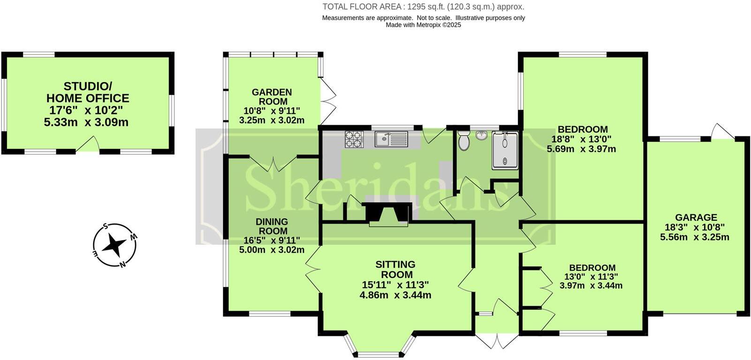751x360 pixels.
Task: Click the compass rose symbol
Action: tap(114, 245)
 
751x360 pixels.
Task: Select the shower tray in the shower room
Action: tap(505, 150)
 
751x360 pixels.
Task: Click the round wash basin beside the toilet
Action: tap(481, 136)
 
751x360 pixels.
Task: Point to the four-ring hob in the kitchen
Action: tap(354, 139)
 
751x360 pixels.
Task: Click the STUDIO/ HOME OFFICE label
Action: tap(88, 92)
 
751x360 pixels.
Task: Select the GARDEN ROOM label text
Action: tap(272, 97)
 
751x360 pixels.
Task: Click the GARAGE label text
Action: tap(696, 217)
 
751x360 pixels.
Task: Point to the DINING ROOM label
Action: tap(272, 226)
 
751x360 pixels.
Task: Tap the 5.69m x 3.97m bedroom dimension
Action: tap(581, 149)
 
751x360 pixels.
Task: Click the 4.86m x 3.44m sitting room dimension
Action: tap(395, 295)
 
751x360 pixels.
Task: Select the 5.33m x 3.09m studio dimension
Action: tap(86, 123)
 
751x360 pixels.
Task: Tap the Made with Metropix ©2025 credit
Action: tap(423, 25)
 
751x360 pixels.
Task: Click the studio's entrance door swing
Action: tap(89, 144)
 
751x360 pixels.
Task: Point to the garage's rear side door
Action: tap(722, 132)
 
